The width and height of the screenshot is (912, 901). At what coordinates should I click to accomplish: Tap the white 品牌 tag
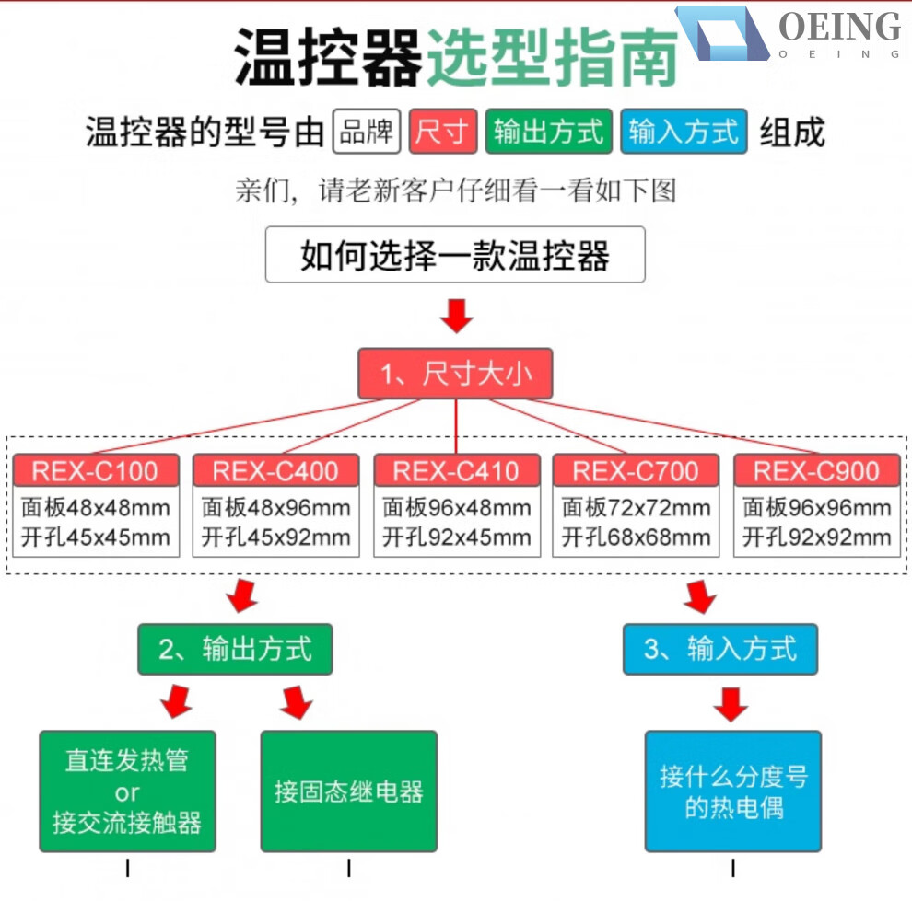tap(367, 133)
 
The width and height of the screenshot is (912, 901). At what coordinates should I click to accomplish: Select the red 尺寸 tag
tap(443, 133)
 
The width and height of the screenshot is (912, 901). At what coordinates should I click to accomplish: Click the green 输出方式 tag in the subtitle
tap(548, 133)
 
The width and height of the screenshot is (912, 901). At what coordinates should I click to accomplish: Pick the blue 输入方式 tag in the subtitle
tap(683, 133)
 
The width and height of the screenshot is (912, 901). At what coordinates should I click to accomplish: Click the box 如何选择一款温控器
tap(455, 255)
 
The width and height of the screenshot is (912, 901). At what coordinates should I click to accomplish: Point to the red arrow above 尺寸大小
tap(456, 315)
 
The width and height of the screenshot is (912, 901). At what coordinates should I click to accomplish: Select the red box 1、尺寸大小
tap(456, 374)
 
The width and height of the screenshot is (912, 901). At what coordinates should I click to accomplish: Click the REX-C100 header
tap(95, 471)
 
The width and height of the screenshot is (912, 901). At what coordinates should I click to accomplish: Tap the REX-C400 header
tap(275, 471)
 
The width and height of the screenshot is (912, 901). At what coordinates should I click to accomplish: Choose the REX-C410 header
tap(456, 471)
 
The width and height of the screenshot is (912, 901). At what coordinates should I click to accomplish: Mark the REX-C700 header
tap(636, 471)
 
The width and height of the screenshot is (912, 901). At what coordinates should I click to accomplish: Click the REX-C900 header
tap(817, 471)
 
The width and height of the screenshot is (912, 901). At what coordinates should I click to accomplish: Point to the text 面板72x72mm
tap(637, 508)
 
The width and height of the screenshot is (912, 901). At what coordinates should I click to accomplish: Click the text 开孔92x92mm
tap(817, 537)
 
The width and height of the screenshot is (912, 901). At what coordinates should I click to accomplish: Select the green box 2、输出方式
tap(235, 649)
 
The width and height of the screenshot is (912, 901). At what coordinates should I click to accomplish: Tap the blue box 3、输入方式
tap(719, 649)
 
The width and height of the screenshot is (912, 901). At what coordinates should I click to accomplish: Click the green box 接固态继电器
tap(348, 791)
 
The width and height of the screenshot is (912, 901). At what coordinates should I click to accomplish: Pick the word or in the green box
tap(127, 792)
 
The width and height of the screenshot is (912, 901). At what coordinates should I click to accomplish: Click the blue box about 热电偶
tap(732, 791)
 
